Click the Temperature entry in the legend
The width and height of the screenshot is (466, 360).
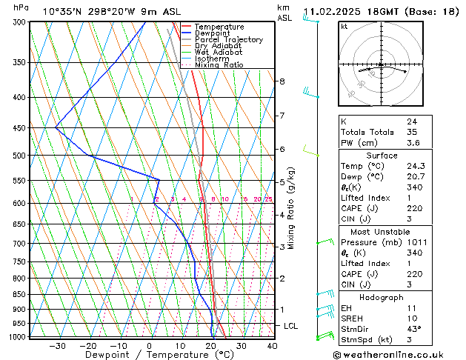point(219,27)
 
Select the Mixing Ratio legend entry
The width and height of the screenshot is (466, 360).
point(219,64)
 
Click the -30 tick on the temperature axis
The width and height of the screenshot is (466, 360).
point(57,345)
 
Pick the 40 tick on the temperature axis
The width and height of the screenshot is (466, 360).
point(272,345)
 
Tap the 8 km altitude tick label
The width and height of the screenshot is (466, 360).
point(282,81)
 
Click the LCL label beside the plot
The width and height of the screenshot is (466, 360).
point(292,326)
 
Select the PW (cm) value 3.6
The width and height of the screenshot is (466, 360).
point(413,143)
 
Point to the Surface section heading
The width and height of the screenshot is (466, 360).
point(382,156)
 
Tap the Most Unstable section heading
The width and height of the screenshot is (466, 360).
point(382,231)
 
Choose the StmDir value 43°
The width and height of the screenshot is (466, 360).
point(414,329)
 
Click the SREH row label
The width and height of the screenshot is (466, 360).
point(352,318)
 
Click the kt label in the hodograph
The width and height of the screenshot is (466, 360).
point(344,27)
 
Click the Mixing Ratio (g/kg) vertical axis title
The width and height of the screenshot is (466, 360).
point(293,207)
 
